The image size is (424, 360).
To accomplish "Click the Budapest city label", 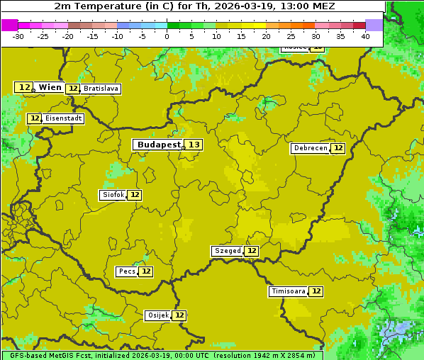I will [159, 145].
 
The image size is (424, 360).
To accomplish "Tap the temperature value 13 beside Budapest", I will [194, 145].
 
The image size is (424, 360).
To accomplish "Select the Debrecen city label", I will [310, 148].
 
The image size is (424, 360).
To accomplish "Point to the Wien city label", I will [50, 87].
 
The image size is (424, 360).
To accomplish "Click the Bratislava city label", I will [100, 89].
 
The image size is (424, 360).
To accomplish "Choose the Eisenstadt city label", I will [63, 118].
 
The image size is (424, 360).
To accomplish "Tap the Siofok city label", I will [113, 195].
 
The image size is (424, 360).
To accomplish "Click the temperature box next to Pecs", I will [145, 271].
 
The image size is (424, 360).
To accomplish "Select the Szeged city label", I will [227, 251].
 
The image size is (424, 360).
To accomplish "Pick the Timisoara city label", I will [289, 291].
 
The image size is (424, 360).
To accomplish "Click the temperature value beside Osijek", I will [179, 315].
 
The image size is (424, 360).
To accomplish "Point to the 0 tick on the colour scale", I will [167, 36].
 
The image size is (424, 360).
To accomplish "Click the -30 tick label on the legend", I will [18, 36].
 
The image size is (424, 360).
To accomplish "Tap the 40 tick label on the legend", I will [364, 36].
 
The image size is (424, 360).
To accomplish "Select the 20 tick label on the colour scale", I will [266, 36].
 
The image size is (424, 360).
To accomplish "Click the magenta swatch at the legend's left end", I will [9, 25].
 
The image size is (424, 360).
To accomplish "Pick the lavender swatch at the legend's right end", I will [374, 25].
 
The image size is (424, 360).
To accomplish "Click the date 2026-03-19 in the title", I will [241, 6].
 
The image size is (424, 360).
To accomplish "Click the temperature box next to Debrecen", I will [338, 148].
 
